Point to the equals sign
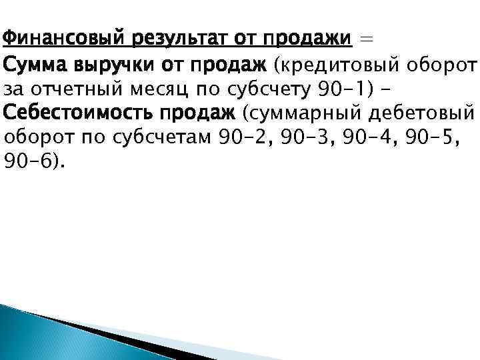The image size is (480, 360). tap(366, 39)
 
